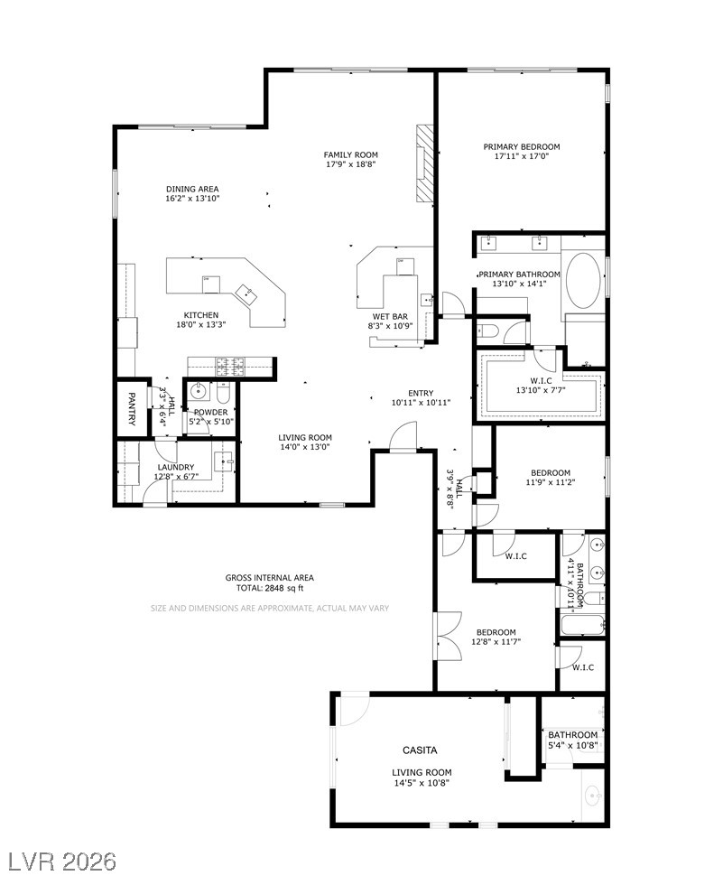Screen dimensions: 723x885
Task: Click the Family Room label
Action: pos(351,154)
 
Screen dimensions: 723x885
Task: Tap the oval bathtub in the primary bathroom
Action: pos(584,280)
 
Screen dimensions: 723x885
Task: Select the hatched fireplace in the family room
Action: pos(424,163)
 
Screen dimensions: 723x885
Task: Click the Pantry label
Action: pos(132,408)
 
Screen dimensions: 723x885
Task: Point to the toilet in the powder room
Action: pos(223,389)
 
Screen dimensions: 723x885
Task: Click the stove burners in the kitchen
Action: pos(231,367)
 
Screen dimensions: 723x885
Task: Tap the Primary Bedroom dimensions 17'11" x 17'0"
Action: pos(522,156)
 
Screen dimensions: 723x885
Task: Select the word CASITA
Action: pos(420,750)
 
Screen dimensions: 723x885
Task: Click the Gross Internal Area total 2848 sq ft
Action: pos(270,588)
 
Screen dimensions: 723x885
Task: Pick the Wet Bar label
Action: pos(390,317)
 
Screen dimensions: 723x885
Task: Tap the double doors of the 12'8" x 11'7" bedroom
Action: pos(450,636)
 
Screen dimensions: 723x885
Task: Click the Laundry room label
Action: pos(176,468)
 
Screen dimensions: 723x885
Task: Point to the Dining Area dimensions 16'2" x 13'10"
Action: pos(192,199)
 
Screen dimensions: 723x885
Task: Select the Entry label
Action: pos(421,393)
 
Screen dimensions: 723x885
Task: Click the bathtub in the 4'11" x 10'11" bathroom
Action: pos(583,625)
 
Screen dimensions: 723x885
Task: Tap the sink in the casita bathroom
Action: pos(593,796)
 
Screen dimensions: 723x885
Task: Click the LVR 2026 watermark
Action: pos(59,862)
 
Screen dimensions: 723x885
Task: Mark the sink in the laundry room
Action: pos(224,461)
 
